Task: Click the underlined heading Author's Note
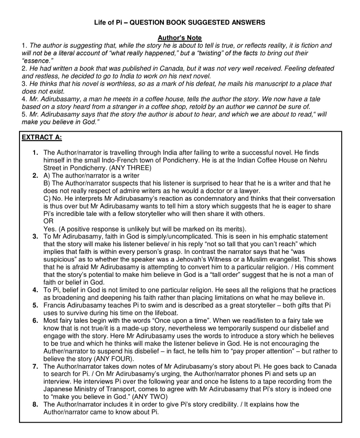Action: click(179, 38)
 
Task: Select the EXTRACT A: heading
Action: click(42, 137)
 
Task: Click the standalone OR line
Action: click(48, 221)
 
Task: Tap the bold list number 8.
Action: click(35, 404)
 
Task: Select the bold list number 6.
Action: click(35, 321)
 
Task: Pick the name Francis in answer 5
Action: click(55, 305)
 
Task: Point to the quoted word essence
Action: click(36, 61)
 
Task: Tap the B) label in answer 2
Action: click(47, 183)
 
